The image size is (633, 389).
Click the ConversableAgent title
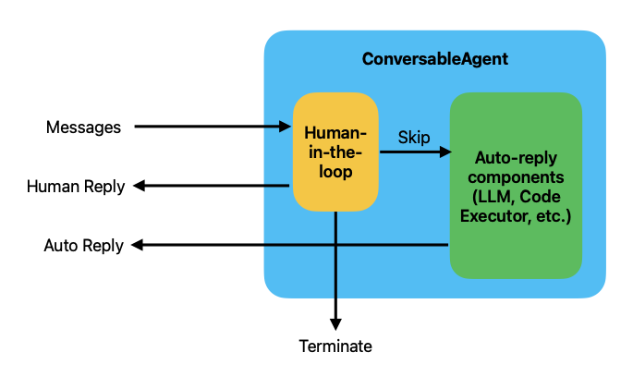click(x=435, y=59)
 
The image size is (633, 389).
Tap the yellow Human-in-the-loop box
click(x=335, y=152)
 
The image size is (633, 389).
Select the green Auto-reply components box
click(x=516, y=186)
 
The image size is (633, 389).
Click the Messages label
click(x=83, y=128)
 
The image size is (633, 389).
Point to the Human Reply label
click(x=76, y=187)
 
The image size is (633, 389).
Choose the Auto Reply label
click(x=83, y=246)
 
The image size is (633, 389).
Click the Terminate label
click(x=335, y=346)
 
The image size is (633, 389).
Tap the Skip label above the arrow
click(x=414, y=138)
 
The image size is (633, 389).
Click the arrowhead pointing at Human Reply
click(x=139, y=186)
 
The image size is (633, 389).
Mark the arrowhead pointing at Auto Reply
click(x=138, y=245)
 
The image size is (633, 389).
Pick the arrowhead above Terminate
click(x=335, y=324)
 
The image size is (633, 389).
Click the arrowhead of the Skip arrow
click(x=445, y=152)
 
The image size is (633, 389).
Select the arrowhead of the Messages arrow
click(x=285, y=127)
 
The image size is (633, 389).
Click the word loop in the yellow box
click(x=335, y=172)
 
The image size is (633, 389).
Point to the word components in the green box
click(x=516, y=178)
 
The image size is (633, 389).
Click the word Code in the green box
click(x=540, y=197)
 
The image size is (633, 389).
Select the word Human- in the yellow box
click(x=335, y=133)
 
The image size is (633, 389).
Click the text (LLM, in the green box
click(x=493, y=198)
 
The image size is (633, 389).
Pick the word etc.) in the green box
click(x=554, y=217)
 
